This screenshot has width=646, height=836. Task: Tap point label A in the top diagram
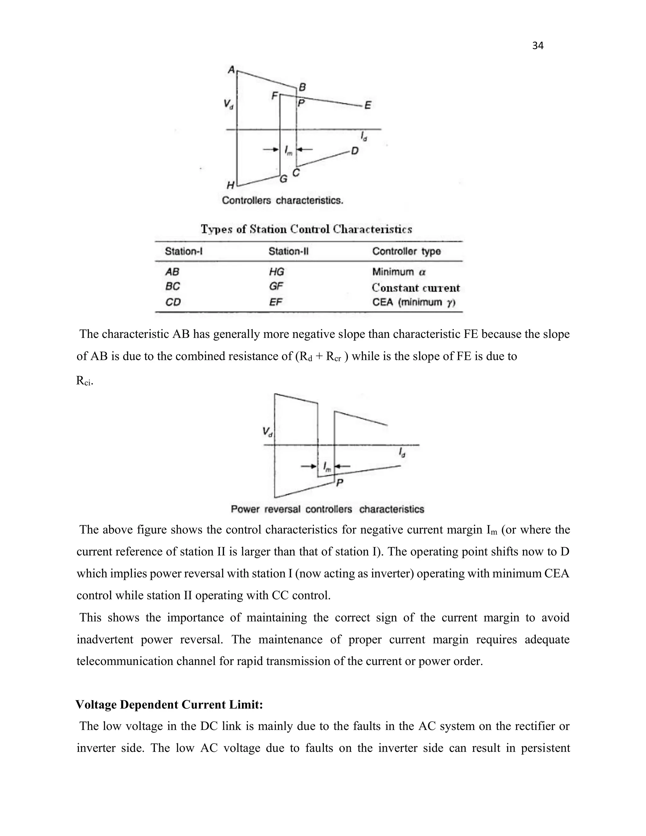point(231,70)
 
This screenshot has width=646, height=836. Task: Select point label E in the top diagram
point(367,105)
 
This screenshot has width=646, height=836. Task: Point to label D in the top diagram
point(355,151)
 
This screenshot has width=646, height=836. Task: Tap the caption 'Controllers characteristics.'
point(282,201)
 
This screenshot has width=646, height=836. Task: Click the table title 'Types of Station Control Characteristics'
point(307,229)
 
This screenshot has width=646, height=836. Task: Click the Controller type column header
point(406,251)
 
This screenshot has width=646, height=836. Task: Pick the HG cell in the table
point(276,272)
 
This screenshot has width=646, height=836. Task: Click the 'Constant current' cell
point(416,287)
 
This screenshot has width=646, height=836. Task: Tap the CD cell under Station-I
point(173,303)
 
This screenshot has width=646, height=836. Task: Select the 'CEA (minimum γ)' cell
point(413,303)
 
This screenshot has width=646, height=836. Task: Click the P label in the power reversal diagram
point(339,483)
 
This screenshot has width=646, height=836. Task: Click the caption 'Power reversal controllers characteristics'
point(327,509)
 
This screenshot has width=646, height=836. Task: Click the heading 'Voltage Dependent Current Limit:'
point(169,705)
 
